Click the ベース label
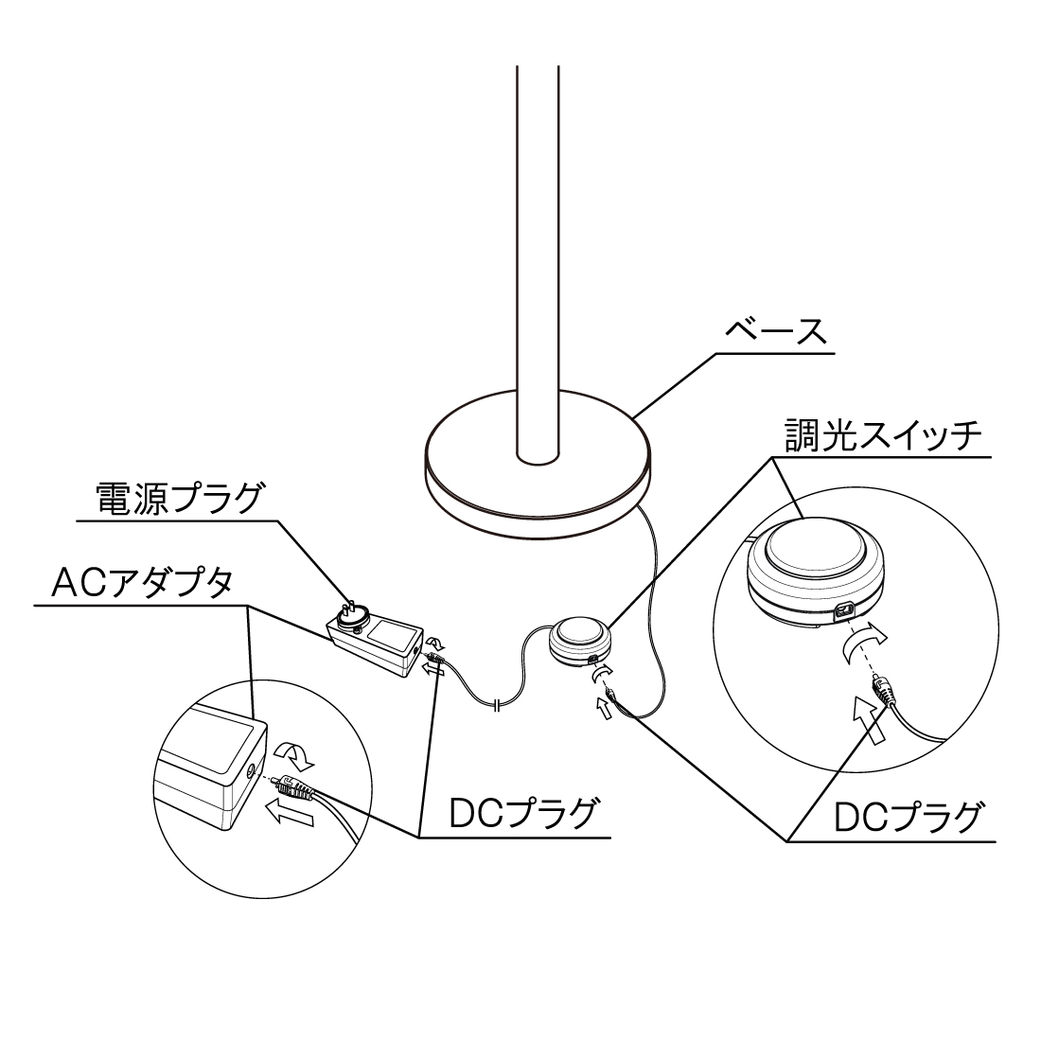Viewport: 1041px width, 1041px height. tap(775, 332)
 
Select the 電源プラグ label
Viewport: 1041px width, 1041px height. tap(179, 499)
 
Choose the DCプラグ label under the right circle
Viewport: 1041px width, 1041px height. tap(907, 818)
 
